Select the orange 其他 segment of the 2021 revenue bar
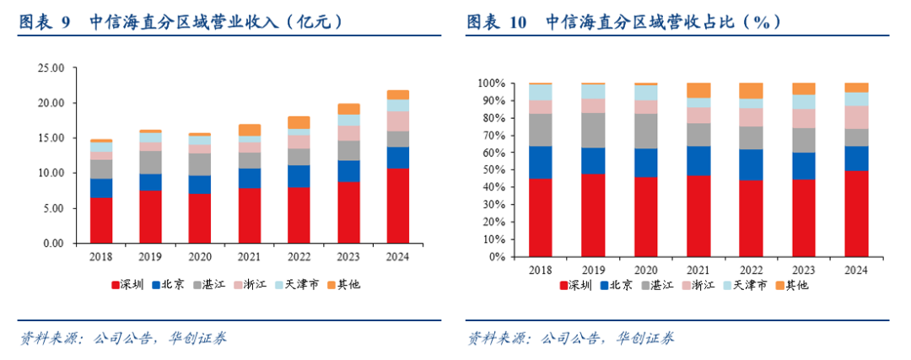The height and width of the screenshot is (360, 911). point(250,130)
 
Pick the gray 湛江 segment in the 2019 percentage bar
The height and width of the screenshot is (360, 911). point(594,130)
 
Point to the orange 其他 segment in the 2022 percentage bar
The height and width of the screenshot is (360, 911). point(751,90)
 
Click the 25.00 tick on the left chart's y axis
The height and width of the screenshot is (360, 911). point(51,68)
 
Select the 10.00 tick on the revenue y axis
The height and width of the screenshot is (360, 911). point(51,173)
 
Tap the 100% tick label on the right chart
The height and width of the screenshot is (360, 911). point(490,83)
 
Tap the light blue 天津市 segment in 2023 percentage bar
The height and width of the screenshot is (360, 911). point(803,102)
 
